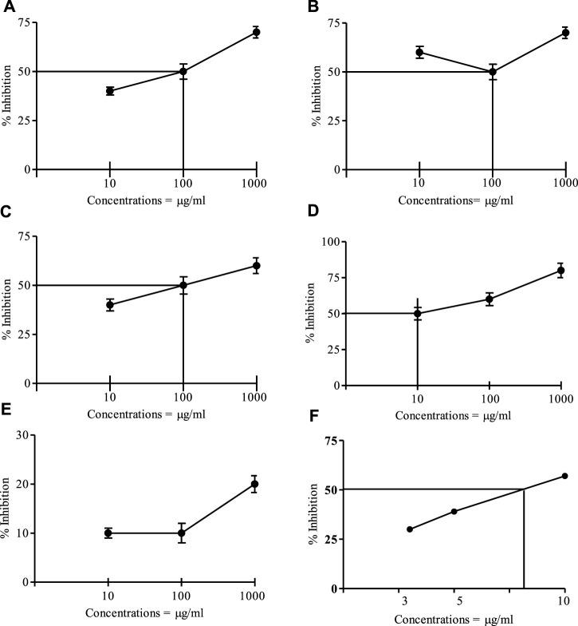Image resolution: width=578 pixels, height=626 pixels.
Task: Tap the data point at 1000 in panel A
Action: [x=257, y=32]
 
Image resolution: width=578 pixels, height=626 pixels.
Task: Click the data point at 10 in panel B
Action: [x=419, y=52]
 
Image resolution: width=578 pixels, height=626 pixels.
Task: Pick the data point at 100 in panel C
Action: [x=183, y=285]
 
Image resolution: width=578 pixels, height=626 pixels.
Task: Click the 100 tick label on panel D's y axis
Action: [x=338, y=241]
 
